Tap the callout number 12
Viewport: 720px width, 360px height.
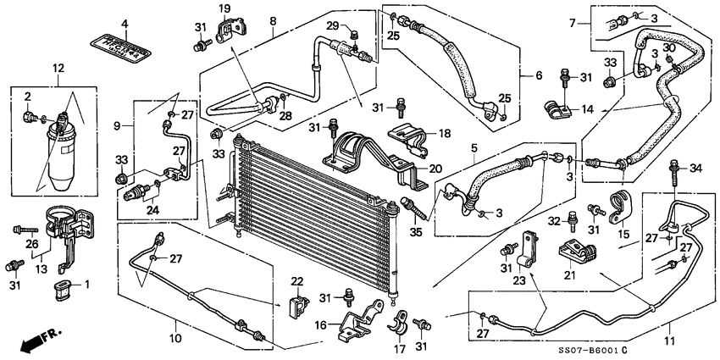57,69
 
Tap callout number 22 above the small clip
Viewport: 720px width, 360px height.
296,280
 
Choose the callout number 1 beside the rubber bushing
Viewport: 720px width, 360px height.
85,284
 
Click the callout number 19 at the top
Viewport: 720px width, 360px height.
225,8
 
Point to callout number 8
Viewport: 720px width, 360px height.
273,20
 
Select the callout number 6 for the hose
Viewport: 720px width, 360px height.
539,75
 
